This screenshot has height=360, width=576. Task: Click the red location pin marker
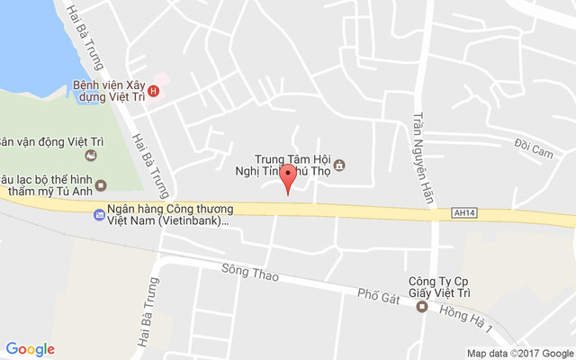[x=287, y=176]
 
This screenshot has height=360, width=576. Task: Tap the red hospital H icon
[x=154, y=90]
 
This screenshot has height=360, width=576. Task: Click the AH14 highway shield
[x=462, y=213]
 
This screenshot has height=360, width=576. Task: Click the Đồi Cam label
[x=533, y=151]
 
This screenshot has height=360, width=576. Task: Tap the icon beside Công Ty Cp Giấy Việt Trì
[x=421, y=306]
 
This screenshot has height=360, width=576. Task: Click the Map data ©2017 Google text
[x=519, y=353]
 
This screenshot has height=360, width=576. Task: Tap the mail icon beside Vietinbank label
[x=98, y=214]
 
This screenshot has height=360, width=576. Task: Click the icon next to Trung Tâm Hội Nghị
[x=339, y=165]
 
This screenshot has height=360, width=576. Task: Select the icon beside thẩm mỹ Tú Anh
[x=101, y=185]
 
